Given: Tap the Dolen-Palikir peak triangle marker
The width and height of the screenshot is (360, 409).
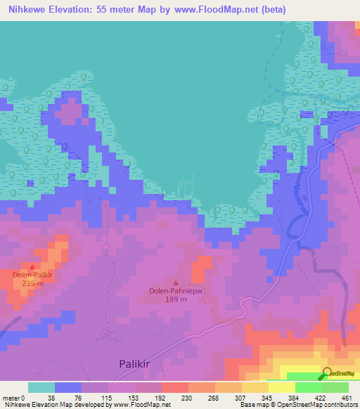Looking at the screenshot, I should [x=32, y=267].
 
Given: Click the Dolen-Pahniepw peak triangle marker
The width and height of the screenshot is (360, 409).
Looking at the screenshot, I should [x=176, y=283].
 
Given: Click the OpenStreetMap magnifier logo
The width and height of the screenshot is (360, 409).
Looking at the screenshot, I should [x=328, y=373].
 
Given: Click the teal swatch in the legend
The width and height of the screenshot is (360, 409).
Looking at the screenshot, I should [x=41, y=387].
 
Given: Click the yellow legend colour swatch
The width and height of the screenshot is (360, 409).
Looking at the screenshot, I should [x=255, y=387].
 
